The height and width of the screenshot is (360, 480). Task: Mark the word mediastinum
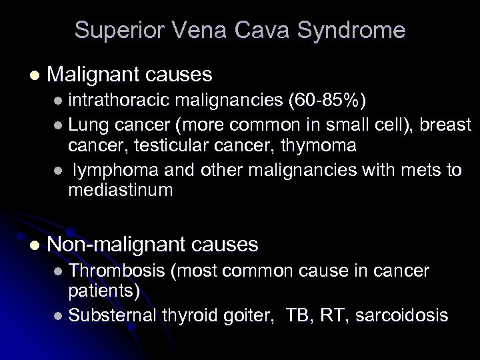[120, 191]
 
